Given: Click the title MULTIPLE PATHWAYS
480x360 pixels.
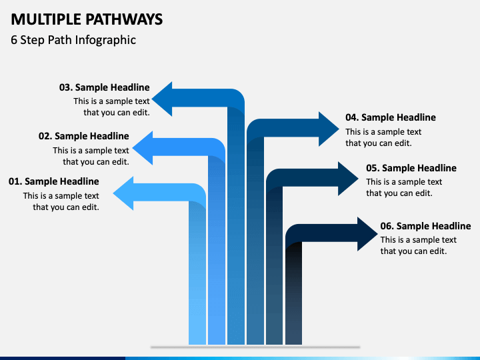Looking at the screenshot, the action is click(x=87, y=19).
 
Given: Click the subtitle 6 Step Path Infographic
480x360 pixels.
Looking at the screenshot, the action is click(x=73, y=40).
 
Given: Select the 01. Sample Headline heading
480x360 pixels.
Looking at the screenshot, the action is click(x=54, y=181).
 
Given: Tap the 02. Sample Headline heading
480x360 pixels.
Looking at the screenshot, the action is click(x=84, y=136).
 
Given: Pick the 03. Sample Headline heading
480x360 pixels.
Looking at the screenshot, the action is click(x=105, y=87).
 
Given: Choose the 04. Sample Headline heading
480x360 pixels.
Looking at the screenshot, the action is click(x=391, y=117).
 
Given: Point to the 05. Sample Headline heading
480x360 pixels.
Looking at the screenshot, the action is click(x=411, y=168).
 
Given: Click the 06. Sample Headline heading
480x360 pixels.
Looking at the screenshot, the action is click(x=425, y=226).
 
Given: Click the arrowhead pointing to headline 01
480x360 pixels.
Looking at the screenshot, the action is click(x=123, y=193).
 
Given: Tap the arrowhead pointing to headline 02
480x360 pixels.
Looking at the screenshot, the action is click(x=143, y=148).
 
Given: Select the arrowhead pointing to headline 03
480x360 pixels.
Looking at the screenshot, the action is click(x=162, y=99).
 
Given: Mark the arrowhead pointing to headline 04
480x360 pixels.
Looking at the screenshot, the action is click(x=329, y=129).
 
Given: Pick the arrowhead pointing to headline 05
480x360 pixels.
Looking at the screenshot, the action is click(x=349, y=179).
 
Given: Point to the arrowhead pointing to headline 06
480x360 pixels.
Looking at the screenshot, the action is click(x=367, y=234).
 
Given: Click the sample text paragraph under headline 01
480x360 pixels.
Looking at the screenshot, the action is click(x=61, y=201).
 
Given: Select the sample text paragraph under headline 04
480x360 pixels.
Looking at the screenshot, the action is click(x=383, y=137).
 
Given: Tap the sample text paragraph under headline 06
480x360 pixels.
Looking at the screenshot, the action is click(x=418, y=245).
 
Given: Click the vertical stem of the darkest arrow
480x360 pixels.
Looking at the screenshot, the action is click(x=293, y=293).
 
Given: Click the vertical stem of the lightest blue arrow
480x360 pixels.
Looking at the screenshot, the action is click(x=197, y=273).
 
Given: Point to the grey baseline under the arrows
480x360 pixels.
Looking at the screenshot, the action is click(x=255, y=347).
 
